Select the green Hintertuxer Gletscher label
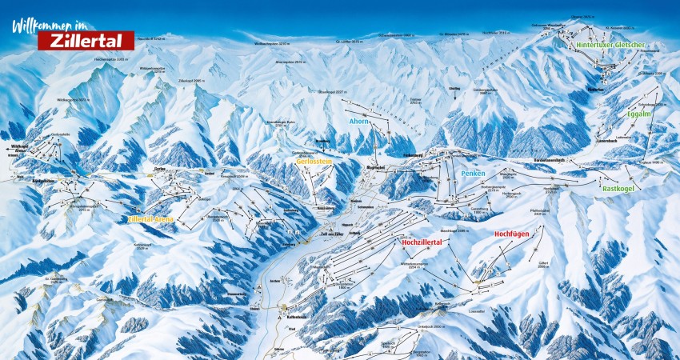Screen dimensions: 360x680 pyautogui.click(x=610, y=46)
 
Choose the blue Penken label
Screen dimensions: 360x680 pyautogui.click(x=473, y=173)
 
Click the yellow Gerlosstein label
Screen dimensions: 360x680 pyautogui.click(x=314, y=161)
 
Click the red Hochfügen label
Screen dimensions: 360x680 pyautogui.click(x=512, y=234)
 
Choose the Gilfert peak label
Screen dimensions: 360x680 pyautogui.click(x=543, y=263)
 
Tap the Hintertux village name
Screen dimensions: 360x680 pyautogui.click(x=596, y=90)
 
